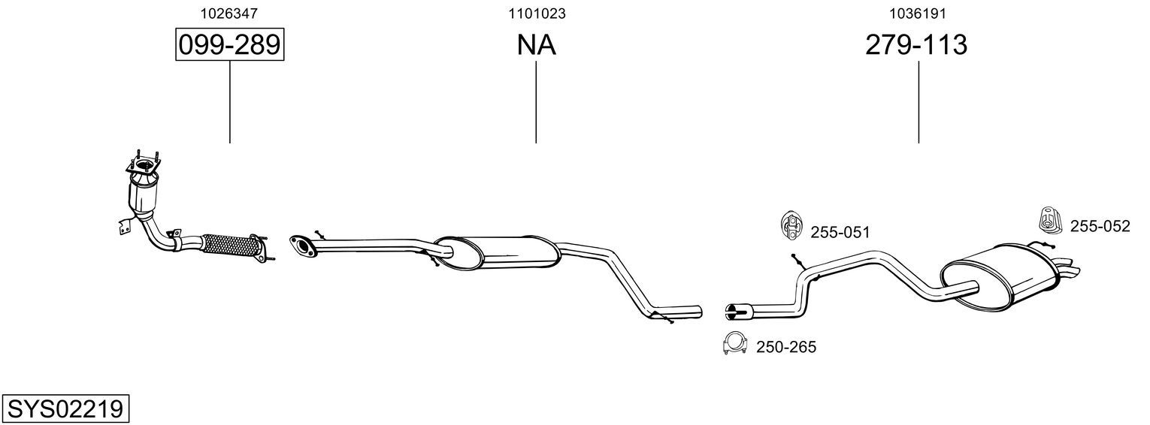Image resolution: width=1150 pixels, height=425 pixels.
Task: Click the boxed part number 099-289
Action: click(x=229, y=44)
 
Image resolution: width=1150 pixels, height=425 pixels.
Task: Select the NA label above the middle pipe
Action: click(x=536, y=45)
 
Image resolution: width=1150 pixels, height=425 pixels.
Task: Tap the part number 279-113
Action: click(x=916, y=44)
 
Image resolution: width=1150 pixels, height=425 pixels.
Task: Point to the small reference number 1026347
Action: click(x=229, y=14)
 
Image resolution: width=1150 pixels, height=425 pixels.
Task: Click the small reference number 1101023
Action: click(x=537, y=14)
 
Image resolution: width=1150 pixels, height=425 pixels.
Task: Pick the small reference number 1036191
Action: click(x=918, y=14)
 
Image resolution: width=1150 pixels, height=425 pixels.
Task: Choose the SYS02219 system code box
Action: click(x=65, y=409)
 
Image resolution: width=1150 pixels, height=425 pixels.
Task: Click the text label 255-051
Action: click(x=840, y=233)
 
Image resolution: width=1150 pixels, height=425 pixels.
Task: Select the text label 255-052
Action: click(x=1100, y=226)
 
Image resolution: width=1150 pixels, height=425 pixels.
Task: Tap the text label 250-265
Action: click(x=786, y=348)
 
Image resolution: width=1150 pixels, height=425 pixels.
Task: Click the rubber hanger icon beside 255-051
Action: click(x=791, y=225)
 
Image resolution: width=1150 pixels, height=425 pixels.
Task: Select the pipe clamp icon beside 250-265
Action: click(x=734, y=343)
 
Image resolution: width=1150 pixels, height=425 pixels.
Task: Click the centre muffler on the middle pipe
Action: click(x=496, y=253)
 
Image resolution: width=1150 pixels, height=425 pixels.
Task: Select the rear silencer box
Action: click(x=1001, y=277)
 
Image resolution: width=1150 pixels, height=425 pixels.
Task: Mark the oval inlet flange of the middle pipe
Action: click(x=304, y=246)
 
